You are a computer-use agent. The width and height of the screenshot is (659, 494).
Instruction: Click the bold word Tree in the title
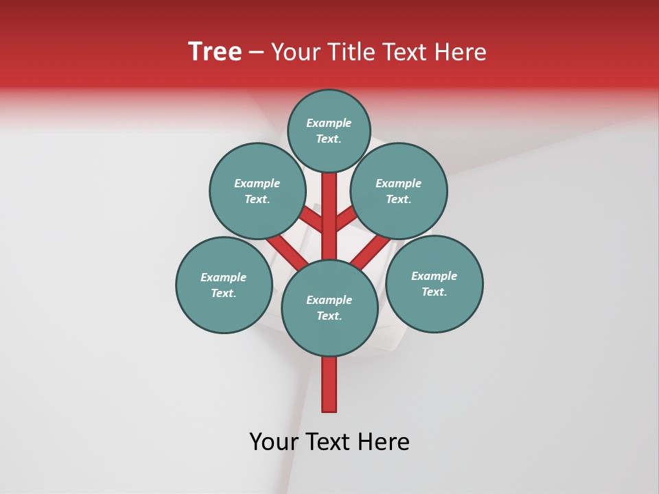point(215,52)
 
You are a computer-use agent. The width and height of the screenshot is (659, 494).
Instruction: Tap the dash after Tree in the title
point(257,52)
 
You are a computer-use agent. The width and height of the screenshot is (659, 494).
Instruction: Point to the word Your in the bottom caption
point(273,442)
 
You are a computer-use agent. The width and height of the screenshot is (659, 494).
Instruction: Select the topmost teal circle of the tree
point(329,130)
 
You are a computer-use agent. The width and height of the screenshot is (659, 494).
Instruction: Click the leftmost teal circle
point(224,285)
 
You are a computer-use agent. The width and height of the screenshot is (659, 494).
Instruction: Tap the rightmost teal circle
point(434,283)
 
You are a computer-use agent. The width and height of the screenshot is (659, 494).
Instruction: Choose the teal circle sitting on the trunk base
point(329,307)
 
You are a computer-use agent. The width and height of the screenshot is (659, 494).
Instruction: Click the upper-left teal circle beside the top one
point(257,191)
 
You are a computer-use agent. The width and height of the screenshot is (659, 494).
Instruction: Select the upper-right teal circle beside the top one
point(399,191)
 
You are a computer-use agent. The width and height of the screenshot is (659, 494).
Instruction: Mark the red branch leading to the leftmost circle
point(286,252)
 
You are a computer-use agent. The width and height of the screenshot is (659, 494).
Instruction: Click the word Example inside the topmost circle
point(329,123)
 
